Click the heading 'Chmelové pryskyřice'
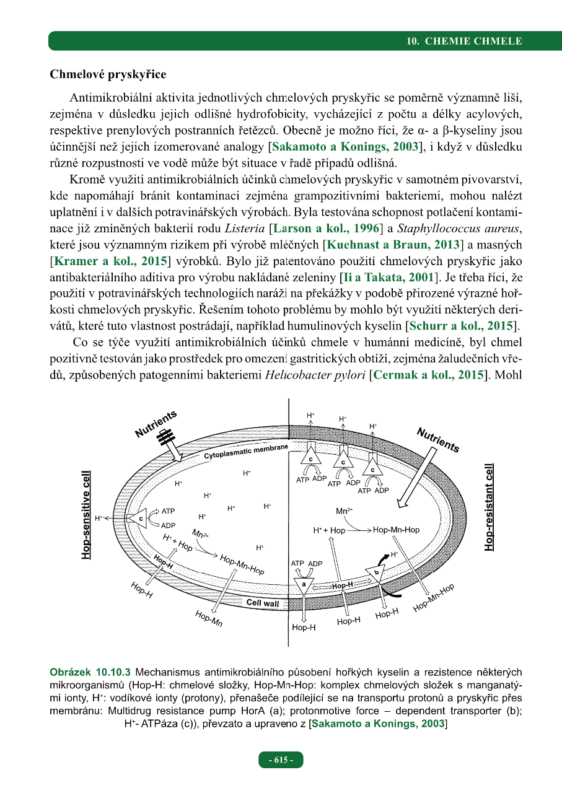point(108,74)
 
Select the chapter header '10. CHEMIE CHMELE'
point(464,42)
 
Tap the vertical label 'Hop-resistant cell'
point(490,507)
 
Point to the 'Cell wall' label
point(263,602)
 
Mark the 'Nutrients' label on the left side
point(156,423)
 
